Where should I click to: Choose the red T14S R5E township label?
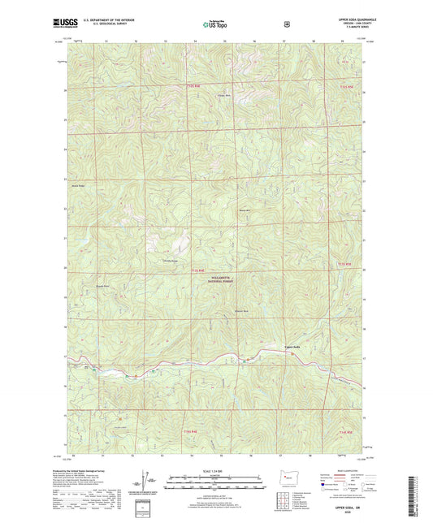tap(345, 431)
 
